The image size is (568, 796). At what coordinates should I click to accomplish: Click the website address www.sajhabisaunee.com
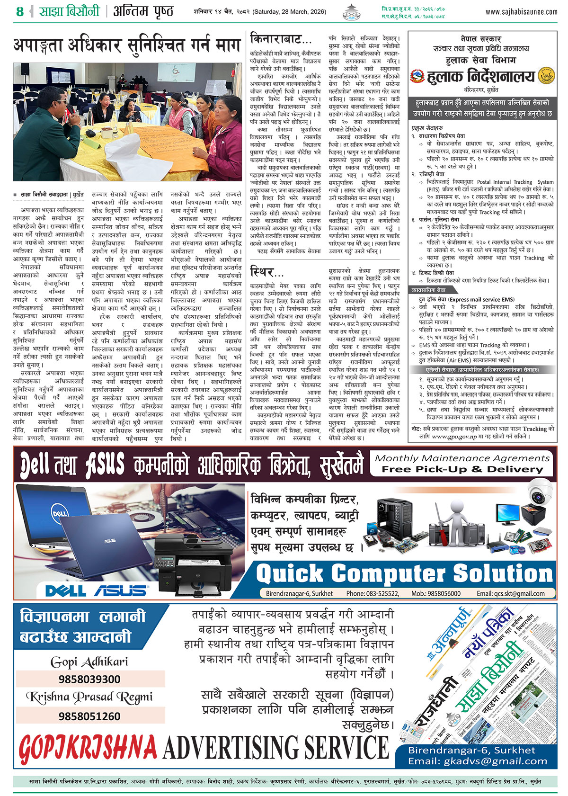[521, 11]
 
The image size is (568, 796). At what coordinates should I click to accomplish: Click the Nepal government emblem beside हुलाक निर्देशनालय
[417, 76]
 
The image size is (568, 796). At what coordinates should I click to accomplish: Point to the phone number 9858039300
[89, 679]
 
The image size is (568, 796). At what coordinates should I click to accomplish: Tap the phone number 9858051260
[89, 716]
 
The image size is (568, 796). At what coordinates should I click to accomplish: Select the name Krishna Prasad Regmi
[89, 698]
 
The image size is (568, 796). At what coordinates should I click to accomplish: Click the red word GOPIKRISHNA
[88, 748]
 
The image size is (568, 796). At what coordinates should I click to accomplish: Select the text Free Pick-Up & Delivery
[462, 469]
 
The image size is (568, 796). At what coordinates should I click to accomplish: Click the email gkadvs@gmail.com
[478, 761]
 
